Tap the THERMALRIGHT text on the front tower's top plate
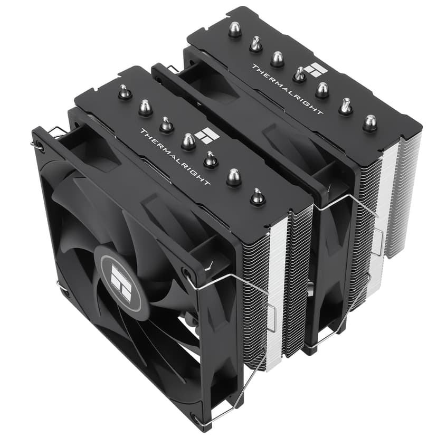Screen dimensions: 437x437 pos(174,156)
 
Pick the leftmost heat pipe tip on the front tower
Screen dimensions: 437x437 pos(125,93)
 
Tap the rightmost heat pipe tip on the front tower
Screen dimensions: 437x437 pos(257,197)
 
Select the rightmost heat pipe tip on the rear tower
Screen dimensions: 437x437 pos(369,123)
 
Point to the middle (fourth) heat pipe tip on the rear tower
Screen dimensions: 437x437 pos(299,75)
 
